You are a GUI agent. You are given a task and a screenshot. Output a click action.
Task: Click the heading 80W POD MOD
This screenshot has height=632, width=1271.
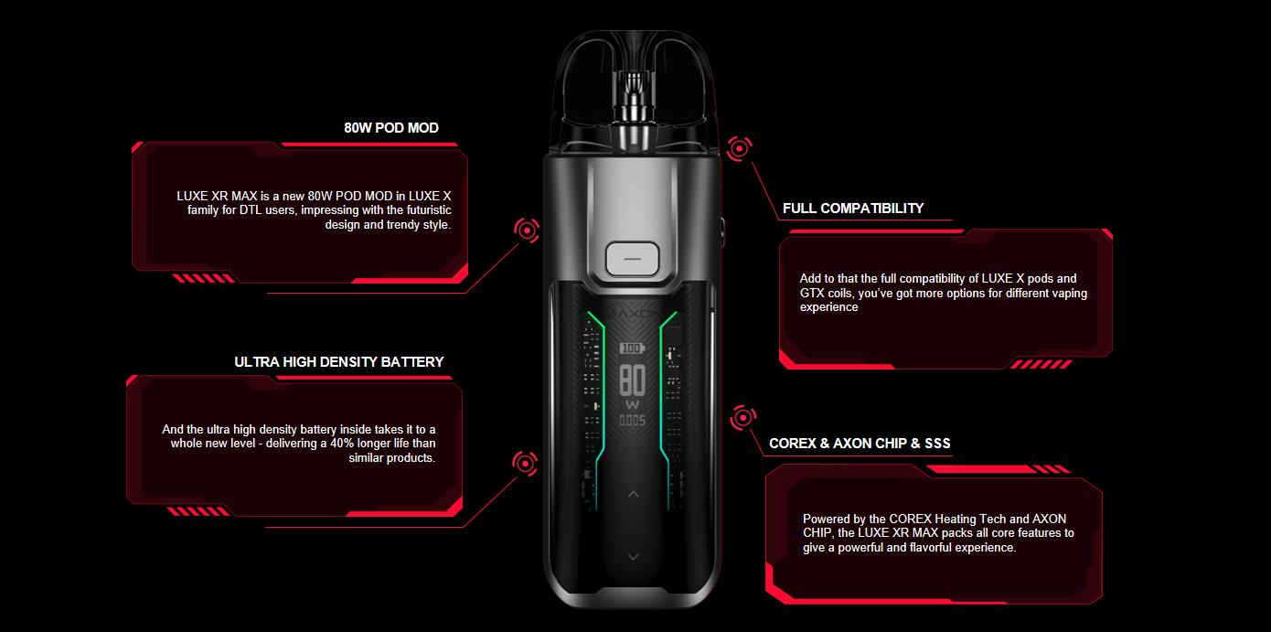pos(391,128)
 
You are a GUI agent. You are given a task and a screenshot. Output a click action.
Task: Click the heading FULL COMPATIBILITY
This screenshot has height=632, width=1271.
pos(853,209)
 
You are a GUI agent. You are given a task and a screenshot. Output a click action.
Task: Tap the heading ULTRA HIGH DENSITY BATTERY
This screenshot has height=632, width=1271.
pos(338,362)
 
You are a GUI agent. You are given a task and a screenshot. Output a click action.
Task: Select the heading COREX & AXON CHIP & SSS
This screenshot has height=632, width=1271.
pos(860,444)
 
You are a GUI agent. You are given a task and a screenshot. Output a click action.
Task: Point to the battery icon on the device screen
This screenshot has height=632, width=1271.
pos(632,348)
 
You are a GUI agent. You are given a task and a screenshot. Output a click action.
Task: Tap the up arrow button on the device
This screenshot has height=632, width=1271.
pos(632,495)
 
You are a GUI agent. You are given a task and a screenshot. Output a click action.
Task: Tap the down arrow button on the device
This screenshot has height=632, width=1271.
pos(632,557)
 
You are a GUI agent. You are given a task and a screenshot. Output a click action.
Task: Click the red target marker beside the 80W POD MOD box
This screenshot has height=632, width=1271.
pos(526,230)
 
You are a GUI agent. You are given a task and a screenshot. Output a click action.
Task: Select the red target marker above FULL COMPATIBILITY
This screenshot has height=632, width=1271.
pos(739,147)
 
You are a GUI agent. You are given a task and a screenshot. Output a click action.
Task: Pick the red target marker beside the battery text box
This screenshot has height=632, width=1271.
pos(525,463)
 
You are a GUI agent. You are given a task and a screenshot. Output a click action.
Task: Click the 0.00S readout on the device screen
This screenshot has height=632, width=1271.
pos(632,421)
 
